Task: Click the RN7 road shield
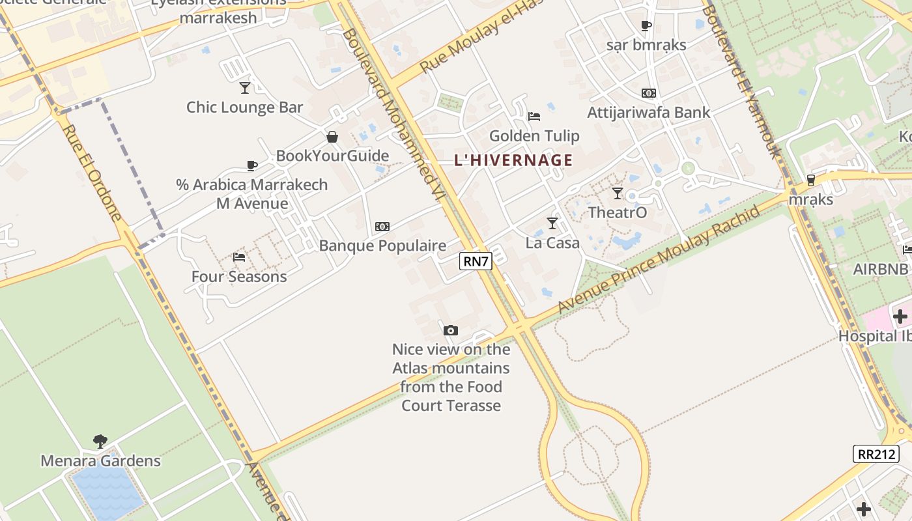475,261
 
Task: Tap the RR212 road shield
876,454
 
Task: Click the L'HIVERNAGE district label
513,160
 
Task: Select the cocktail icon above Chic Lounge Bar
245,87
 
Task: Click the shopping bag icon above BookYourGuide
332,137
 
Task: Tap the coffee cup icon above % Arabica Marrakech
252,165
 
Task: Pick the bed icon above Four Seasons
239,257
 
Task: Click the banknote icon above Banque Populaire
382,227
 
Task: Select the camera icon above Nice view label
451,330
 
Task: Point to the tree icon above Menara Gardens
100,442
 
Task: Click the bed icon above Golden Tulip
534,117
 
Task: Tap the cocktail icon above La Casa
552,223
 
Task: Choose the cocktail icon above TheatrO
618,193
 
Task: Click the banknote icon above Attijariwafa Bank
649,93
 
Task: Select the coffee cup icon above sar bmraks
646,26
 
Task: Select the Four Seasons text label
239,277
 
